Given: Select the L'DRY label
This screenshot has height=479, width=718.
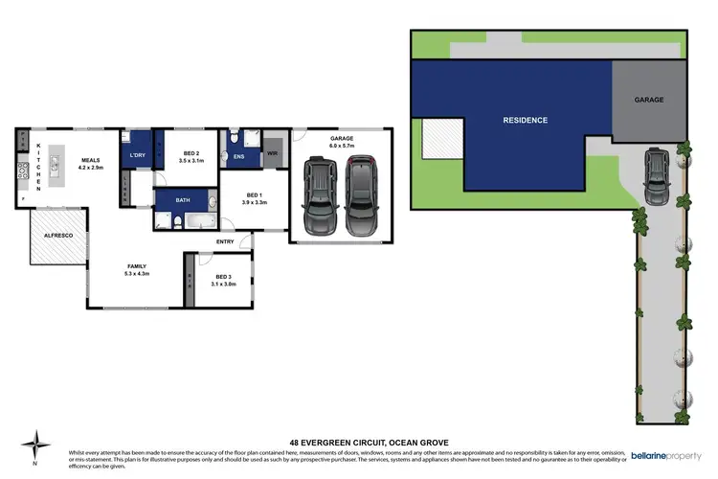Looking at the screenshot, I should [132, 154].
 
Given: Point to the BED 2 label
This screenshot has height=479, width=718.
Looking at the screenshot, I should [191, 157].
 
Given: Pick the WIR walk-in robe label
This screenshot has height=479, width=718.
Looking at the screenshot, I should [272, 153].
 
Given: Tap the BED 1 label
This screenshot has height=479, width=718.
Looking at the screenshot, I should [254, 199].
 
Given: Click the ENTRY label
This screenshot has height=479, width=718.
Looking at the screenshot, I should [226, 241].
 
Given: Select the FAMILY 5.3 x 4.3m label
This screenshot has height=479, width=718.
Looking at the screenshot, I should [138, 270].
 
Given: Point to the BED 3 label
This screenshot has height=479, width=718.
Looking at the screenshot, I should [223, 280].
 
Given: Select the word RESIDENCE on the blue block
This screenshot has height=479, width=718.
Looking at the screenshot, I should [526, 121].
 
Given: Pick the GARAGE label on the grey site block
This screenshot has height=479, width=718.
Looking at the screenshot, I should [648, 100].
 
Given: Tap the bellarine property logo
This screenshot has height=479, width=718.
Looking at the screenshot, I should [661, 391].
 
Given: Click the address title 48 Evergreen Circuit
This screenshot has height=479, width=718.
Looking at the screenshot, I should [359, 442].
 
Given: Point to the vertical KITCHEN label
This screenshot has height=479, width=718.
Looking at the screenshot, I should [39, 168].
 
